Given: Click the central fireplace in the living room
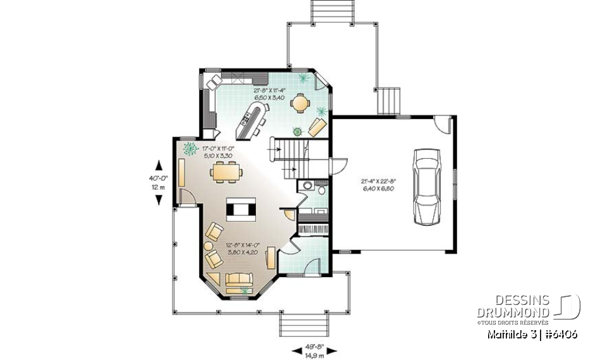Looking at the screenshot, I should (242, 208).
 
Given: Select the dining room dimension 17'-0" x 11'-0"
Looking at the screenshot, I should (219, 151).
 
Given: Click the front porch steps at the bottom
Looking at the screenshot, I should (305, 326).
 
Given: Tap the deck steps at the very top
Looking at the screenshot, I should (321, 11).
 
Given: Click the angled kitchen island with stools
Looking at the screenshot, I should (252, 121).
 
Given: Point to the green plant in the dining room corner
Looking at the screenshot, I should (188, 149).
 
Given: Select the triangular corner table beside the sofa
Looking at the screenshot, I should (214, 278).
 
